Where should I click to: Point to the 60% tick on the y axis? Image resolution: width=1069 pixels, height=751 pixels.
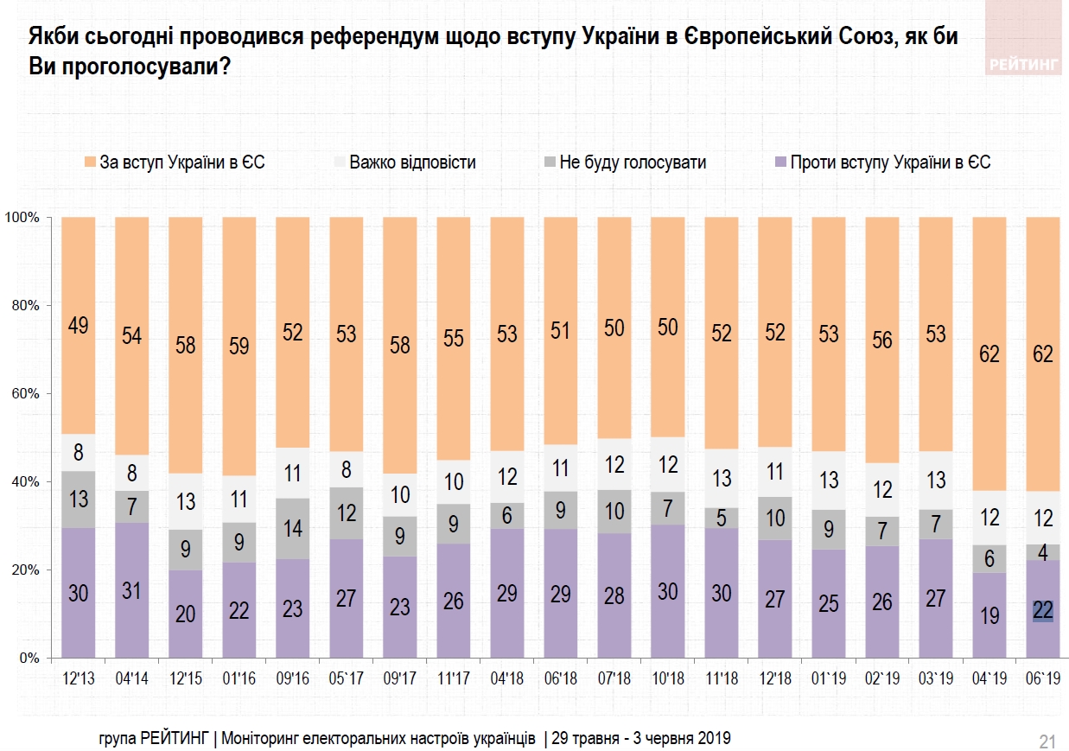[x=25, y=394]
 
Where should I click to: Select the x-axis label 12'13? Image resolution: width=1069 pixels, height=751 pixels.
[x=79, y=678]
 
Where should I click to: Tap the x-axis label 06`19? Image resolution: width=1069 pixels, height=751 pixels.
[x=1042, y=678]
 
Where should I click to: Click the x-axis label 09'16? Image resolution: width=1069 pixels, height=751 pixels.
[x=293, y=678]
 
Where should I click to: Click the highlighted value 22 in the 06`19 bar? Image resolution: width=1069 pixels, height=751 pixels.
[x=1042, y=610]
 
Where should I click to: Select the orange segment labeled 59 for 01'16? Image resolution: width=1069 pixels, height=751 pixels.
[x=239, y=345]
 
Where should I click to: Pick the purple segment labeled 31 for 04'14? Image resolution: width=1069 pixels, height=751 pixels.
[x=132, y=591]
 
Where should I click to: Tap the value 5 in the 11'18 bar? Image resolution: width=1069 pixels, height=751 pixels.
[x=722, y=518]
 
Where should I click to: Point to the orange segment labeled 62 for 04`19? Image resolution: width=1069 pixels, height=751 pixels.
[x=989, y=353]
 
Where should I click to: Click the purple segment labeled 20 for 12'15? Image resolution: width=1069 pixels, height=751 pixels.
[x=186, y=614]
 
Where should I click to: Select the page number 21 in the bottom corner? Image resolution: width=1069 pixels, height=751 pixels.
[x=1047, y=741]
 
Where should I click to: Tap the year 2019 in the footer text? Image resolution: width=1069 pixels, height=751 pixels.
[x=716, y=738]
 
